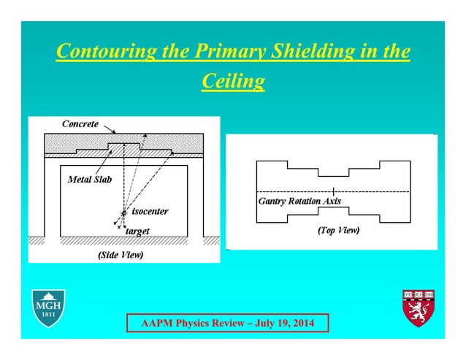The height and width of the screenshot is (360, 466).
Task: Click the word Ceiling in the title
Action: click(x=232, y=81)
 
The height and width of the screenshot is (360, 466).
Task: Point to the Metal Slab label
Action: click(x=90, y=179)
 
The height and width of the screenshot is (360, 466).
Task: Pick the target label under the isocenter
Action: click(x=137, y=231)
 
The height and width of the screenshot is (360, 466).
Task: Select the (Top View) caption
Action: click(x=338, y=230)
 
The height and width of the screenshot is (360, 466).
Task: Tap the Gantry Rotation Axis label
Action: click(x=299, y=201)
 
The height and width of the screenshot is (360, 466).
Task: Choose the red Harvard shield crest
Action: click(x=418, y=307)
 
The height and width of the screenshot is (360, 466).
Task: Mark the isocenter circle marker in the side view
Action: click(x=124, y=212)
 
